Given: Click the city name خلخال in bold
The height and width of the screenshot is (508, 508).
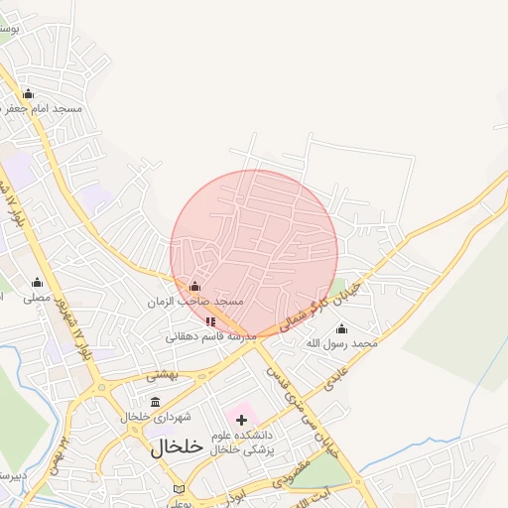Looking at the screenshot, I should point(178,446).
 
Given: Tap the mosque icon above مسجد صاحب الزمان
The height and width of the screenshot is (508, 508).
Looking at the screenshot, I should point(193,287).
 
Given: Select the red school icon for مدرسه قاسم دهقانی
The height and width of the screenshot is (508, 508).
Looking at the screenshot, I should point(209,321).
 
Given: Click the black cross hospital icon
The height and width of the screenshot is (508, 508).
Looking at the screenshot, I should point(240,420).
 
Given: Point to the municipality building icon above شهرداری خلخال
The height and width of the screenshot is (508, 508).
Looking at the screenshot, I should point(155,402).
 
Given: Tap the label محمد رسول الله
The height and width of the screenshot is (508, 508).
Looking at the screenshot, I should point(342,343).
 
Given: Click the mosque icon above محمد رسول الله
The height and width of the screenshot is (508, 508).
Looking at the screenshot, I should point(342,328).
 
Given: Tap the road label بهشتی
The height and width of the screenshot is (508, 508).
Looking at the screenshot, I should point(161,375).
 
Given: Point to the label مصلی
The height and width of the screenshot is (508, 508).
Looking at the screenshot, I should point(37,297).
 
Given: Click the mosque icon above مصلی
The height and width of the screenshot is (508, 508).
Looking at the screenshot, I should point(37,282).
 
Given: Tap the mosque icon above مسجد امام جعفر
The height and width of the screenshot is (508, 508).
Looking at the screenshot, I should point(28,93).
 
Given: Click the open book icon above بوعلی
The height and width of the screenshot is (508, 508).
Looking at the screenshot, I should point(179,489).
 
